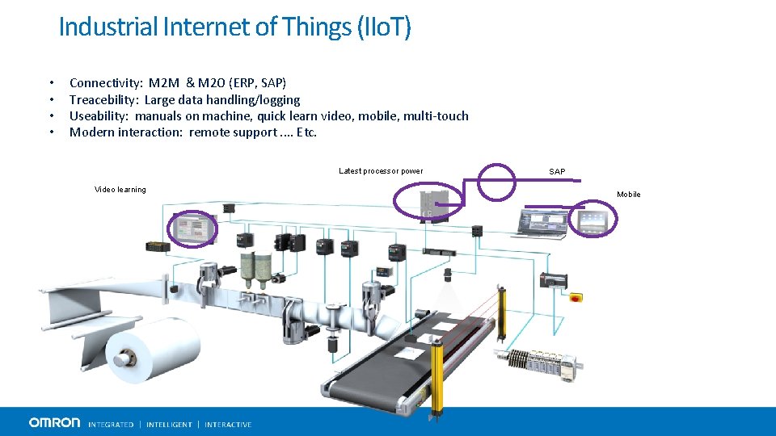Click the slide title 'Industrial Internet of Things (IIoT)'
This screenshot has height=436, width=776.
[x=234, y=27]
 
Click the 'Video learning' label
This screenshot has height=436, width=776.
[x=120, y=190]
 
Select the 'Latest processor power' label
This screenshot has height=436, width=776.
[x=380, y=171]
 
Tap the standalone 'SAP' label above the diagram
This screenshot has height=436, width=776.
[x=557, y=172]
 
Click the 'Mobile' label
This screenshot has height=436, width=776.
[x=628, y=195]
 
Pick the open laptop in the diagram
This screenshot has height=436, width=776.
[x=541, y=224]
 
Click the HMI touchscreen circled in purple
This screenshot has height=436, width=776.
[x=192, y=228]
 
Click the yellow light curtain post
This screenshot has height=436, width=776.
[x=438, y=371]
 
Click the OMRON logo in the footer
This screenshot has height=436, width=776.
[x=55, y=422]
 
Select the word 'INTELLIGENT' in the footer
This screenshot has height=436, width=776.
[x=169, y=424]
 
